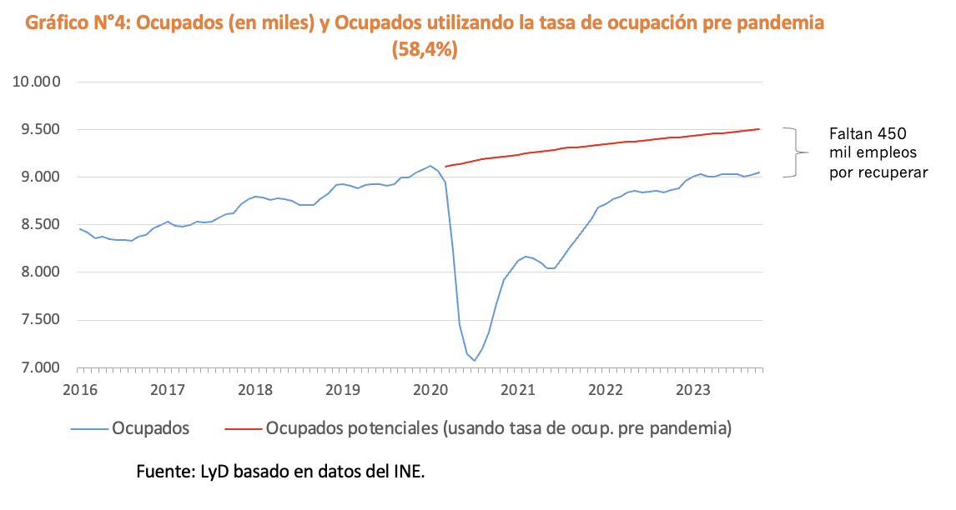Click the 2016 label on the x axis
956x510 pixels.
tap(80, 388)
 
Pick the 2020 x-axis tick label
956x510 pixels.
tap(430, 388)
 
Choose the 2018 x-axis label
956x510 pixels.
tap(255, 388)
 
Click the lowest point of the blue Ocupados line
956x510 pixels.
tap(474, 361)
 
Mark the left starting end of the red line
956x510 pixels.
tap(445, 167)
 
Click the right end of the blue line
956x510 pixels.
tap(759, 172)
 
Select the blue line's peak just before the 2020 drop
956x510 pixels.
tap(430, 166)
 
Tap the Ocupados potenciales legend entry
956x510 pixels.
tap(498, 428)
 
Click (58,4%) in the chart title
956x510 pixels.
tap(425, 50)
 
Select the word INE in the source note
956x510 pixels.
tap(410, 472)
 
